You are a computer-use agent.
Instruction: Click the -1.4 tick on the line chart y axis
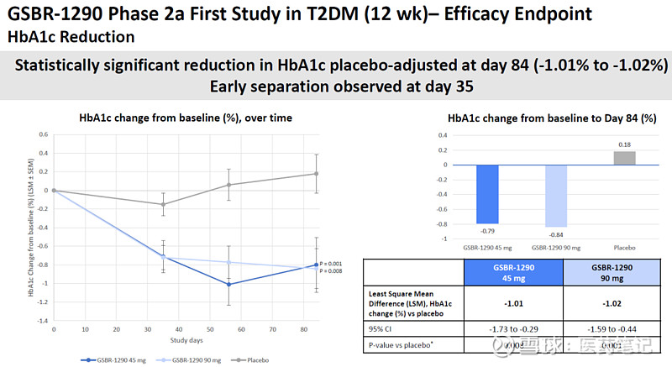pos(41,321)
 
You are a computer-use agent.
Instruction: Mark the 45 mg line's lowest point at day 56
pos(228,284)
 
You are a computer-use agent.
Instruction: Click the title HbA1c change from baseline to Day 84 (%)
pos(552,118)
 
